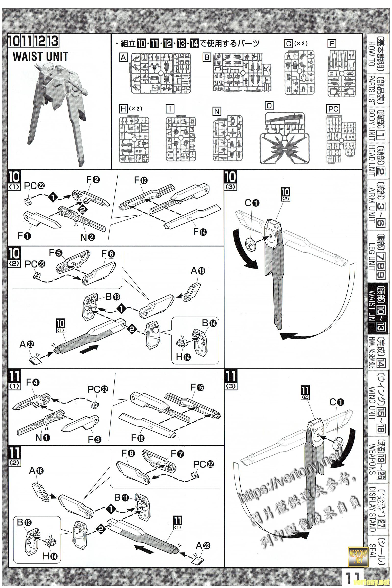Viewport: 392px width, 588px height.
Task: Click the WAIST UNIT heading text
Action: pyautogui.click(x=40, y=57)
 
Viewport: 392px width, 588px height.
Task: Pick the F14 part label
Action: pyautogui.click(x=200, y=232)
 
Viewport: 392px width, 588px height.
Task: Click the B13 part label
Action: pyautogui.click(x=112, y=296)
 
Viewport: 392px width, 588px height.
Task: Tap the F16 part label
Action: pyautogui.click(x=197, y=388)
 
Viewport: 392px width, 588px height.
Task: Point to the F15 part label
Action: pyautogui.click(x=138, y=438)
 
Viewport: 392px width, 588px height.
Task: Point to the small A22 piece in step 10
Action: pyautogui.click(x=33, y=360)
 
